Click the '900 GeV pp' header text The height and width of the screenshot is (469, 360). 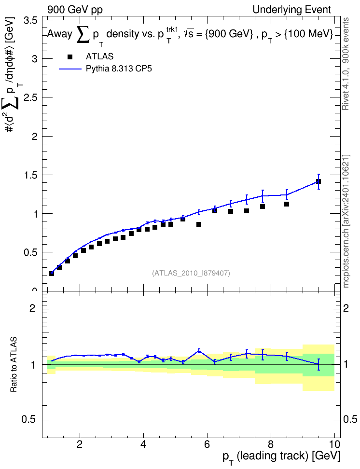click(x=75, y=10)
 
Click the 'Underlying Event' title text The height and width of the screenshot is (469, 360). click(x=292, y=10)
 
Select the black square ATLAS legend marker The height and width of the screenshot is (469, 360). click(x=70, y=57)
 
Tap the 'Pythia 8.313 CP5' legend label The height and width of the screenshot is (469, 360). click(x=119, y=69)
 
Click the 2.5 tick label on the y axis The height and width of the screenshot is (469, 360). click(x=30, y=97)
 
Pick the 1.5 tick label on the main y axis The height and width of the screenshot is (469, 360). click(x=30, y=175)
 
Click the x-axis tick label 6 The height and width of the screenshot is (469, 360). click(x=207, y=444)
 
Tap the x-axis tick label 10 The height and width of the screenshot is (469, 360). click(x=334, y=444)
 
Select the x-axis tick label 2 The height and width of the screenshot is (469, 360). click(x=79, y=444)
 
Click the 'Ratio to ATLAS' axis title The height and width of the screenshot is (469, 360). click(x=14, y=365)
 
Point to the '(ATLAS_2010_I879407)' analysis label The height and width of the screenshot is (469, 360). click(x=191, y=273)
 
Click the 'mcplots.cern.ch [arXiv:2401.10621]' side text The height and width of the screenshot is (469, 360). click(x=346, y=221)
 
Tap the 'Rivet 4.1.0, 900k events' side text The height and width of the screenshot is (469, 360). click(x=346, y=64)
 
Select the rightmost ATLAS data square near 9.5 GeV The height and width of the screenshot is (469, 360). click(x=318, y=181)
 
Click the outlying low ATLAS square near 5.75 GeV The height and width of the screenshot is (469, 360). click(x=199, y=224)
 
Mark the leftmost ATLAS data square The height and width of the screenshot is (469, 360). click(x=52, y=274)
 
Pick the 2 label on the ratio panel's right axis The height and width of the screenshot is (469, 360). click(x=346, y=308)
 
